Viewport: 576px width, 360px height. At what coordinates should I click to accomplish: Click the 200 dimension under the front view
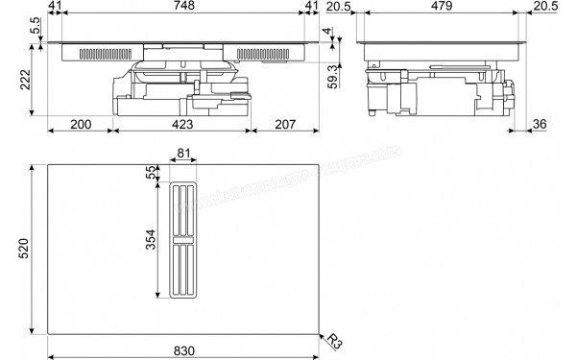(81, 125)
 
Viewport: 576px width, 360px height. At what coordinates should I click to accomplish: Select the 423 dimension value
(182, 125)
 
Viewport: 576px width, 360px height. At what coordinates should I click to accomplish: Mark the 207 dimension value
(284, 125)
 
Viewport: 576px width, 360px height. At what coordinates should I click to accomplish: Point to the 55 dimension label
(152, 173)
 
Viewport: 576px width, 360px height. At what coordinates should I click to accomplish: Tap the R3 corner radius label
(333, 340)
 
